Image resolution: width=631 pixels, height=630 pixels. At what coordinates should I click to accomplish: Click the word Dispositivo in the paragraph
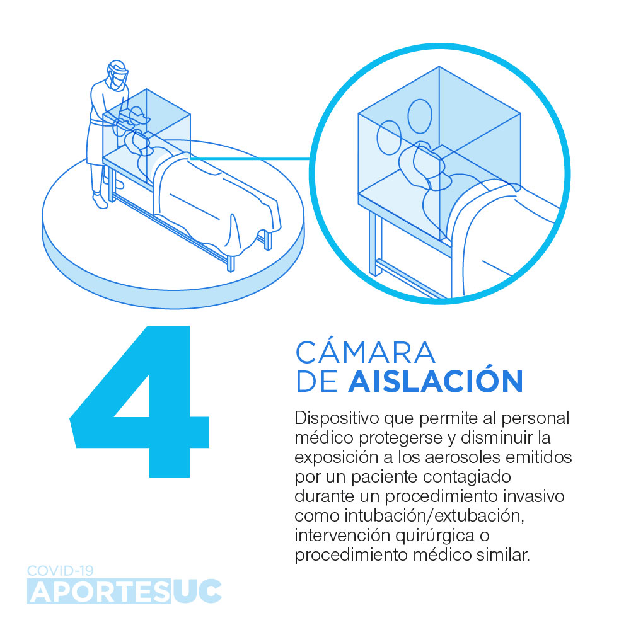[x=337, y=418]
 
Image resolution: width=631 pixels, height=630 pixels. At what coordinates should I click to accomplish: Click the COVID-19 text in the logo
[x=61, y=570]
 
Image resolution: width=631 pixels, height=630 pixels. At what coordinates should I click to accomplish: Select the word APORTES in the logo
[x=100, y=592]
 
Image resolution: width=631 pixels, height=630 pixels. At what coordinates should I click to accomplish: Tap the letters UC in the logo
[x=197, y=592]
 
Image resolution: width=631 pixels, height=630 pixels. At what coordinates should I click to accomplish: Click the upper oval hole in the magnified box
[x=420, y=116]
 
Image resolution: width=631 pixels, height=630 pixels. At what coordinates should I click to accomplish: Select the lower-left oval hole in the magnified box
[x=389, y=137]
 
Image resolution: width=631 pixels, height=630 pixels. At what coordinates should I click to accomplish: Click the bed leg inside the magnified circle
[x=375, y=243]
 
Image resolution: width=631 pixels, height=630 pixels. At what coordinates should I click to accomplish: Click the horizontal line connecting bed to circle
[x=250, y=159]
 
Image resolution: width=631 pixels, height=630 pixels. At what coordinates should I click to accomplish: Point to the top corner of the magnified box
[x=439, y=66]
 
